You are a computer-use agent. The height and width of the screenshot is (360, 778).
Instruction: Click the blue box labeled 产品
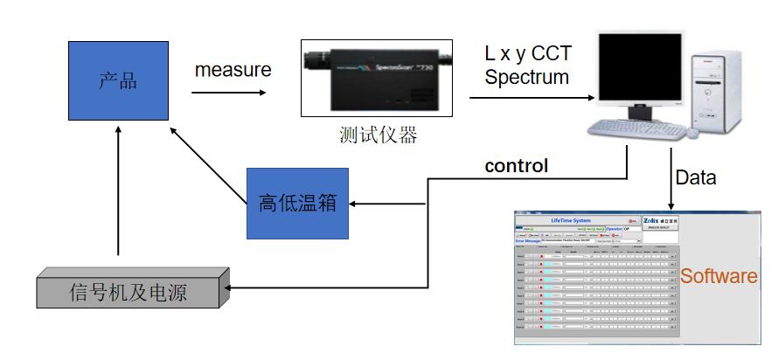[x=119, y=80]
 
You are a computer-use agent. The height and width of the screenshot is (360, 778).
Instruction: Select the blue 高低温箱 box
[x=291, y=204]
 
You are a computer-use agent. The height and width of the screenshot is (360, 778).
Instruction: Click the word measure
[x=233, y=69]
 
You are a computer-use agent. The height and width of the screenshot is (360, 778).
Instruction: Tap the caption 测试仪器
[x=378, y=135]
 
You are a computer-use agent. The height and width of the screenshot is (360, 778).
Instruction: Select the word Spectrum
[x=526, y=77]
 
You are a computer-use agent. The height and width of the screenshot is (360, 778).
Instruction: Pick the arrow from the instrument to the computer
[x=524, y=98]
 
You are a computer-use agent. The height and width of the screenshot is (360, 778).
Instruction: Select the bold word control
[x=517, y=165]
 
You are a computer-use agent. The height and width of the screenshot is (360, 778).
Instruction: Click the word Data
[x=696, y=177]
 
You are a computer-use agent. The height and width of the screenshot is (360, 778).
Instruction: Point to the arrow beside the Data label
[x=671, y=179]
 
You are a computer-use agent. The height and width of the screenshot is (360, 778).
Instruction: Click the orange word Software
[x=719, y=276]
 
